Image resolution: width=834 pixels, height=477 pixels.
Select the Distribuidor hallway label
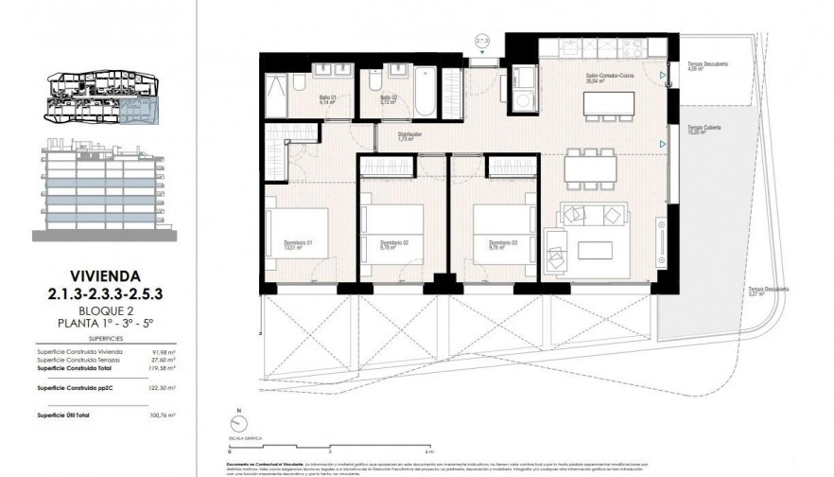pos(408,137)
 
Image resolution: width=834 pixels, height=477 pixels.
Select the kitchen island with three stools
pos(607,105)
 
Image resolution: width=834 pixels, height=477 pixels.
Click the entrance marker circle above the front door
pos(481,43)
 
